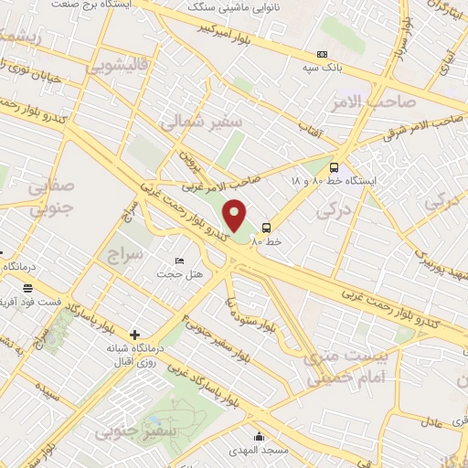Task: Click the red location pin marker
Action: (235, 216)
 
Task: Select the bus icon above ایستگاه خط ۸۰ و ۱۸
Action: (334, 167)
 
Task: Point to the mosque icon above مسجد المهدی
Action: (261, 437)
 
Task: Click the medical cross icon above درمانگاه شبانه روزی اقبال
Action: (135, 335)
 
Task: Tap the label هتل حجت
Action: (179, 273)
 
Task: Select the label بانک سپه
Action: (325, 68)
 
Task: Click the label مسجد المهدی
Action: (263, 451)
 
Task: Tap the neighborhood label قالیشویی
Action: (116, 67)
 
